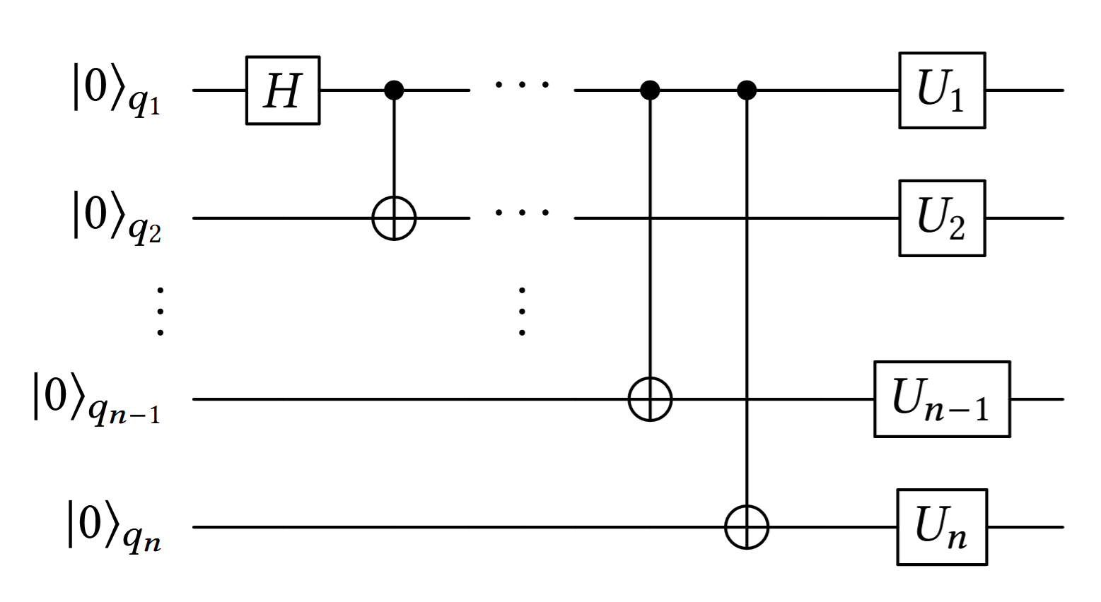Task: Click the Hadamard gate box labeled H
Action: coord(283,90)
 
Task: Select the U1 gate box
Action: coord(942,90)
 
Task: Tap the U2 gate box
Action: coord(942,218)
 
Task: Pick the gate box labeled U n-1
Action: coord(942,399)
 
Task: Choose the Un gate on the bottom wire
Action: coord(942,527)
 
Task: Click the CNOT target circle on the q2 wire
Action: coord(394,218)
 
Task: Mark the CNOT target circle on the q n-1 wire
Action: coord(650,399)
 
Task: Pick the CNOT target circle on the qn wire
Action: coord(747,527)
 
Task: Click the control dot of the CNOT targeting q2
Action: coord(394,90)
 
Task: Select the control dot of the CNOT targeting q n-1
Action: coord(650,90)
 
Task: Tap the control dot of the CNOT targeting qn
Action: coord(747,90)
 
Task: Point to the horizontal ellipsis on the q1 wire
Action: coord(522,85)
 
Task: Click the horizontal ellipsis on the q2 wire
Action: coord(522,211)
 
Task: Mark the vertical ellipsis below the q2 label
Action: coord(161,311)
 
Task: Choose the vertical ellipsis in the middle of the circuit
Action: coord(522,311)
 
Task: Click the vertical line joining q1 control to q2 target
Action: coord(394,148)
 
